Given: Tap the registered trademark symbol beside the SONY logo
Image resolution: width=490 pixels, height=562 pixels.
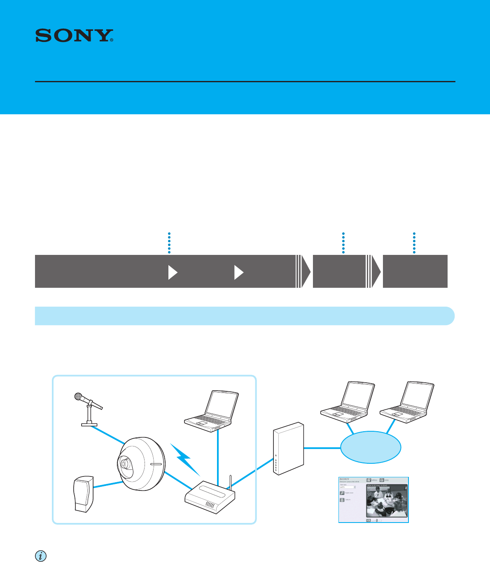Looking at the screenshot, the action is coord(112,40).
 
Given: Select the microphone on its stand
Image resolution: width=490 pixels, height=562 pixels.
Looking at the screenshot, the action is coord(87,409).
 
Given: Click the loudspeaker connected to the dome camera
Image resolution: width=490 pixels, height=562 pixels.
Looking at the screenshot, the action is coord(84,494).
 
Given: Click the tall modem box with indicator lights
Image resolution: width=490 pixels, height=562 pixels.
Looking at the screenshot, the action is coord(288,448).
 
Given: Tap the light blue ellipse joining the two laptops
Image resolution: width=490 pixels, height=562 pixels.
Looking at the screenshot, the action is coord(371,448).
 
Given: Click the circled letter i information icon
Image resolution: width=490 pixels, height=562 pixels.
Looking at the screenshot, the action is coord(40,556).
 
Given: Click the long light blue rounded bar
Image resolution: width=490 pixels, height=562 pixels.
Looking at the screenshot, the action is coord(245,316).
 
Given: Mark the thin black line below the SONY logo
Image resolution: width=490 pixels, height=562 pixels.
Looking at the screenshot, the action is coord(245,82).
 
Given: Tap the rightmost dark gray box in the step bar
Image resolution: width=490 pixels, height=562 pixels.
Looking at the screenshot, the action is coord(415,271).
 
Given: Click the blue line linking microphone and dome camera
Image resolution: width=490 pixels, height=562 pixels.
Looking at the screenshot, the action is coord(108,435).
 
